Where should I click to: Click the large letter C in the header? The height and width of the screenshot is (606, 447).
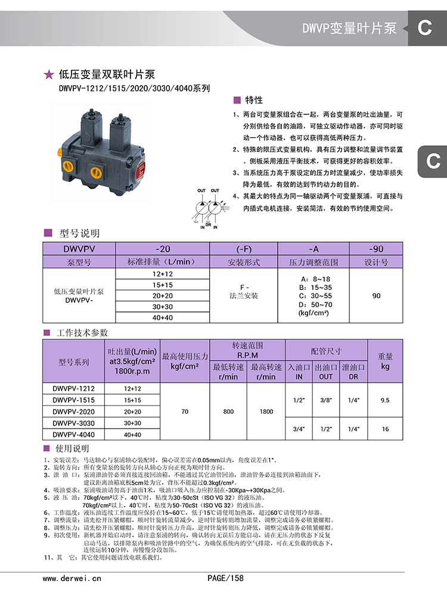click(424, 27)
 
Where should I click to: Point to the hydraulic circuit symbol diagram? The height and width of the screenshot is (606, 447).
click(209, 208)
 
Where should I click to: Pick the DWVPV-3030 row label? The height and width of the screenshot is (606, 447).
click(73, 423)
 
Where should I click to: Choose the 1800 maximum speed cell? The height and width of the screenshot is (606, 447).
click(266, 411)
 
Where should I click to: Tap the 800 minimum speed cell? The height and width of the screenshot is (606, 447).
click(228, 411)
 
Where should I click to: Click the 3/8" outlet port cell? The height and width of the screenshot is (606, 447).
click(326, 400)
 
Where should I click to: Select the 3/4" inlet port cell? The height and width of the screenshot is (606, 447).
click(299, 429)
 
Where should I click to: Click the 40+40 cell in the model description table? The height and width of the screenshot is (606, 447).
click(162, 317)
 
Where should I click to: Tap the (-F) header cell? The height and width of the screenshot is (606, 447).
click(243, 249)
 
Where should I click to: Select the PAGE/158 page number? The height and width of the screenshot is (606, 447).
click(225, 578)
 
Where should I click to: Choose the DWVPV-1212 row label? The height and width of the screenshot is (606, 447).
click(73, 389)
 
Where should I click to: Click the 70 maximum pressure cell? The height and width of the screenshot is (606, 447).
click(185, 411)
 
